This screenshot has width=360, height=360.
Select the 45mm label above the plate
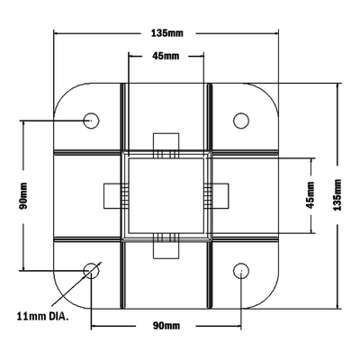tap(166, 56)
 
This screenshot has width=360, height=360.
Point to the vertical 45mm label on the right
tap(310, 194)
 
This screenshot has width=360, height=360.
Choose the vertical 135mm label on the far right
tap(338, 194)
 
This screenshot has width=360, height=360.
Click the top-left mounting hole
tap(92, 120)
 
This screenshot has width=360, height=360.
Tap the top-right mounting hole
tap(241, 120)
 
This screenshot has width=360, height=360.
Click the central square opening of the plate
tap(166, 194)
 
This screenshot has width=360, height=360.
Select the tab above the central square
tap(166, 144)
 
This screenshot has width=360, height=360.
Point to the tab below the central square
tap(166, 246)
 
